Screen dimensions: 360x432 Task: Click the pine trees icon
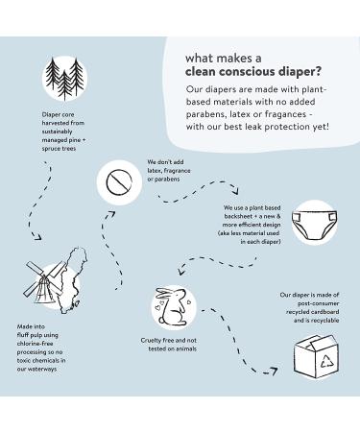click(x=64, y=79)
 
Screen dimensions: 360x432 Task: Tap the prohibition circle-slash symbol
click(x=119, y=182)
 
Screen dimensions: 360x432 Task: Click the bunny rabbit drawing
click(x=171, y=306)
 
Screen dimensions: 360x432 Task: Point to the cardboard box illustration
click(x=316, y=356)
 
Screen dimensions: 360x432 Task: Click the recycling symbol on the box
click(x=327, y=361)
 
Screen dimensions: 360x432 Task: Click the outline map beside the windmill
click(x=72, y=280)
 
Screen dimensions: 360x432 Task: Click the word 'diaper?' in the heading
click(x=299, y=72)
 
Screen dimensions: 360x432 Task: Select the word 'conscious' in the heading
click(x=245, y=71)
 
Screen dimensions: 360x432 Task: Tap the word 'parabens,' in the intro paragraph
click(x=206, y=114)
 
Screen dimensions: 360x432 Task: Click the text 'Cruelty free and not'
click(x=169, y=340)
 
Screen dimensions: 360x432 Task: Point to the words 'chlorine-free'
click(x=36, y=344)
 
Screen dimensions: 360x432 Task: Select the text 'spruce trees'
click(x=59, y=149)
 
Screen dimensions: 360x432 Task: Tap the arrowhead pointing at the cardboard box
click(x=273, y=372)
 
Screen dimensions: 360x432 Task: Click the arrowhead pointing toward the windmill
click(x=37, y=236)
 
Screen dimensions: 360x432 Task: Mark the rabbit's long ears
click(x=166, y=293)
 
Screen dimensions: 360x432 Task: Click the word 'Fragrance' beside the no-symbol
click(x=177, y=171)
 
